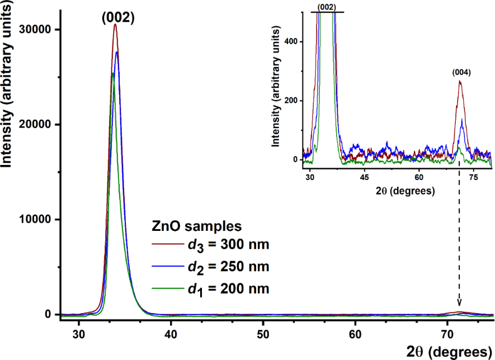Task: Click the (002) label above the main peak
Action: tap(118, 17)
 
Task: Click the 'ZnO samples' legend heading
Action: tap(197, 226)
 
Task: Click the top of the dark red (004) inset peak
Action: tap(460, 82)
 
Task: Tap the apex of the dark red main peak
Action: tap(115, 24)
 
